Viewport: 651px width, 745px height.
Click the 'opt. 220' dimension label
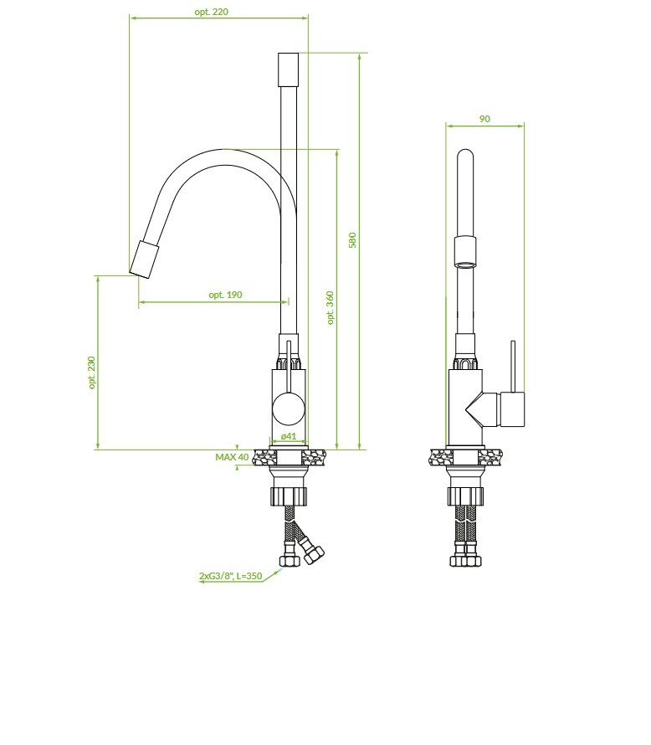[212, 12]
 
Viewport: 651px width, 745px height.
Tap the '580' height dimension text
[352, 240]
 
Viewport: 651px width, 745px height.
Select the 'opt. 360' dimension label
[331, 308]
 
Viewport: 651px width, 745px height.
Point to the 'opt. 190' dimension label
[225, 295]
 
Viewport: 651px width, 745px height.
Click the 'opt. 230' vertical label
[92, 372]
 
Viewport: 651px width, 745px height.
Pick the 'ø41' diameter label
[288, 436]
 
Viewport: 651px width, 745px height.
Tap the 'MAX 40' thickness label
[232, 457]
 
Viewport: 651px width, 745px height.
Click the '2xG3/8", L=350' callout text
[230, 576]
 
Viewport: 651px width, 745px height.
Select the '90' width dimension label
[484, 119]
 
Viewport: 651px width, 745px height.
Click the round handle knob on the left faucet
[288, 408]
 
